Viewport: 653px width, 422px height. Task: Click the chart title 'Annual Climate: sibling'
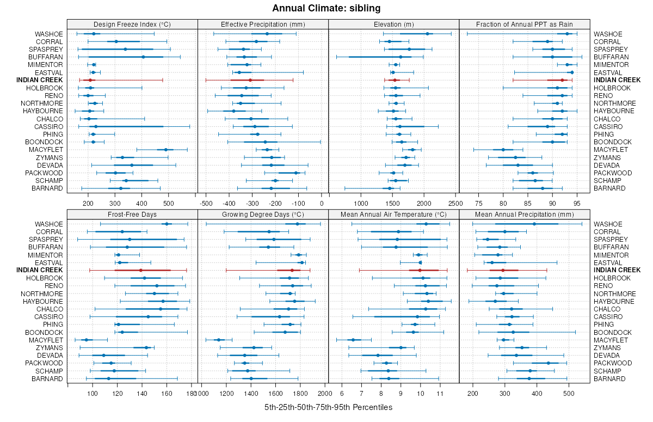[x=326, y=8]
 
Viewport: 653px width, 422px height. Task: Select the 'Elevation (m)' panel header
[x=394, y=24]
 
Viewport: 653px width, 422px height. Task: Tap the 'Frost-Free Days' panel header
[x=132, y=214]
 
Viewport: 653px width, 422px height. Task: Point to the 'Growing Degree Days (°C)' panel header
[x=263, y=214]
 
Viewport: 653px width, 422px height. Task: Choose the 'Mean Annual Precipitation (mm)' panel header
[x=525, y=214]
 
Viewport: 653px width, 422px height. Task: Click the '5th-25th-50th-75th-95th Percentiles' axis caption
[x=328, y=407]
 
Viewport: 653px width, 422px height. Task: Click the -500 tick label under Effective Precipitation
[x=206, y=204]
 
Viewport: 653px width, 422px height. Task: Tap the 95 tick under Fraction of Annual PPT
[x=578, y=204]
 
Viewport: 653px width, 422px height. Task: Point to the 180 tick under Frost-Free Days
[x=190, y=394]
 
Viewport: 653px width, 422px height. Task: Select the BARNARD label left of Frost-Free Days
[x=47, y=378]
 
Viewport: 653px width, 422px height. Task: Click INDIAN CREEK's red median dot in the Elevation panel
[x=395, y=80]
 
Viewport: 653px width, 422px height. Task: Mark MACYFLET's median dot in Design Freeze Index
[x=166, y=150]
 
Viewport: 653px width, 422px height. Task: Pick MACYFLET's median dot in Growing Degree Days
[x=219, y=340]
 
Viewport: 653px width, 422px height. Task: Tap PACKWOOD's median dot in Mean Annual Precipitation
[x=548, y=363]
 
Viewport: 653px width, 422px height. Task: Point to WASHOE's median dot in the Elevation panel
[x=427, y=34]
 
